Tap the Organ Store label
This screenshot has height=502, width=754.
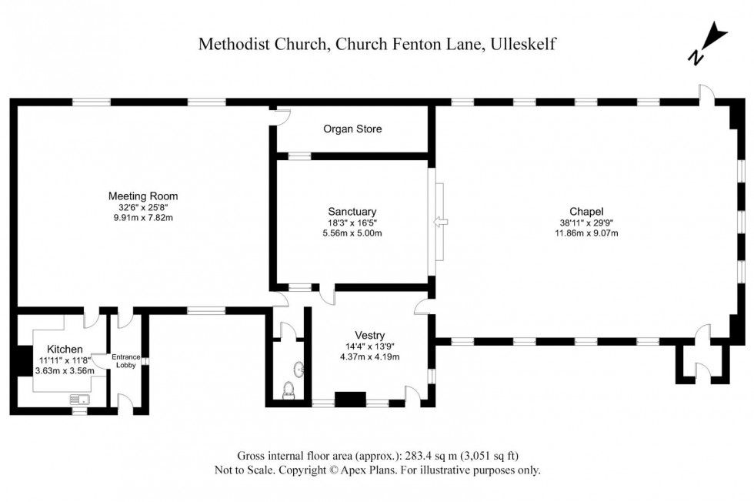(x=352, y=129)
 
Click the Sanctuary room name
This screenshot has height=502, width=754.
(x=352, y=211)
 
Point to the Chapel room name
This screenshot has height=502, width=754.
(x=586, y=211)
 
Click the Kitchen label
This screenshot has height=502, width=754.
(x=65, y=349)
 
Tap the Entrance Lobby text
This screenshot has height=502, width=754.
(x=126, y=361)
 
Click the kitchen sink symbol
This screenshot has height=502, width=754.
(x=78, y=399)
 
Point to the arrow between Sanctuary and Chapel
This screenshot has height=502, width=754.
(x=439, y=222)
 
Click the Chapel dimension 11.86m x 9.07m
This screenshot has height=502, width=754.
(x=586, y=233)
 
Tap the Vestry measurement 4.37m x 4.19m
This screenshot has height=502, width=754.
(x=371, y=356)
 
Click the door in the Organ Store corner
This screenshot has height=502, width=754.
(x=282, y=117)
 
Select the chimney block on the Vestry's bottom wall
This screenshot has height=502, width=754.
(x=350, y=400)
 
